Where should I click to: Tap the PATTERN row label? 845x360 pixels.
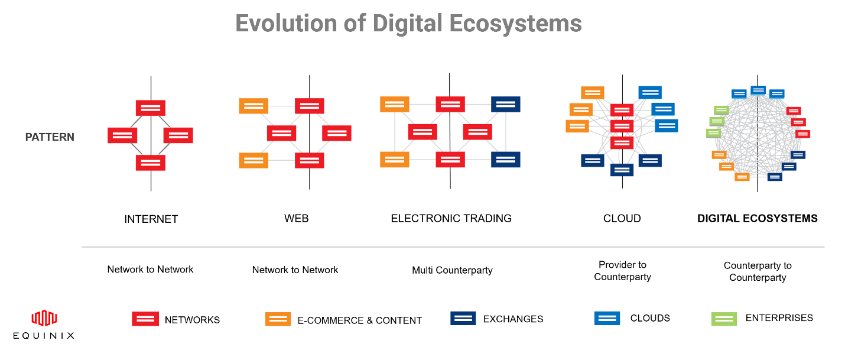click(x=50, y=137)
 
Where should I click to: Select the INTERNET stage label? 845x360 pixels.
click(x=151, y=219)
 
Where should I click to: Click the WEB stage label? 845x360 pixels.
click(x=297, y=219)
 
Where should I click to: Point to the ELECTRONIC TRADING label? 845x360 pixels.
click(x=451, y=219)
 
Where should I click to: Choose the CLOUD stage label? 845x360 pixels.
click(x=622, y=219)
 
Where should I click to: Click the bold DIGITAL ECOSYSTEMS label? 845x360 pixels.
click(x=758, y=219)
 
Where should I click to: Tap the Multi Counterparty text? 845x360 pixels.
click(x=452, y=270)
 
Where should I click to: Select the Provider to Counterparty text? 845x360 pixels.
click(x=622, y=271)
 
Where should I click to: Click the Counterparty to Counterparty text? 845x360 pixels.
click(x=758, y=271)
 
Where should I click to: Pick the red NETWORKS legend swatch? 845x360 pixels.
click(x=145, y=319)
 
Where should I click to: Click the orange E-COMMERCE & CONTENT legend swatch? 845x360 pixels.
click(x=278, y=319)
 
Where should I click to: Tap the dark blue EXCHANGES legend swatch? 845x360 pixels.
click(x=463, y=318)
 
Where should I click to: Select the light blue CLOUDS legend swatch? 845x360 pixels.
click(x=607, y=318)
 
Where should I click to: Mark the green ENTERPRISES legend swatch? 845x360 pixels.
click(x=724, y=319)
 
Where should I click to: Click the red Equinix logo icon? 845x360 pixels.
click(x=44, y=318)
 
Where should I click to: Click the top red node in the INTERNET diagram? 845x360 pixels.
click(x=151, y=108)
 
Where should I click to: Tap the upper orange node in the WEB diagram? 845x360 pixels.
click(x=253, y=106)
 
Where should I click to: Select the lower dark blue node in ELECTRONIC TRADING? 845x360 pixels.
click(x=505, y=160)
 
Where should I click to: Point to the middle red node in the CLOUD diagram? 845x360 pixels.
click(x=622, y=126)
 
